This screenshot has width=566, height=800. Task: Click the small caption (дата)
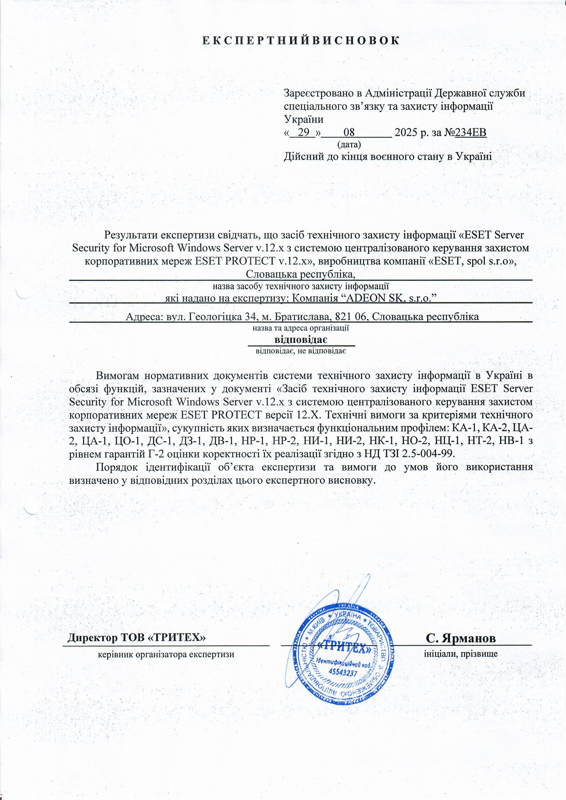348,143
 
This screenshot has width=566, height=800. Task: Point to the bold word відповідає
300,339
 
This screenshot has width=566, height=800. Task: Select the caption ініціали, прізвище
460,654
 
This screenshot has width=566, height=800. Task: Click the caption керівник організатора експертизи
166,654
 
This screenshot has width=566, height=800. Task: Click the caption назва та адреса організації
301,328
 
